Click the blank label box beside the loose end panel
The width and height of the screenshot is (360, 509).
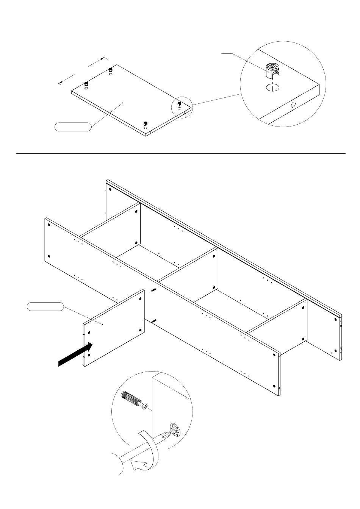coord(45,306)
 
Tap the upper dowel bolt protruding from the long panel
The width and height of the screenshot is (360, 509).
coord(154,290)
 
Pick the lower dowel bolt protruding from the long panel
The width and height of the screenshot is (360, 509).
coord(154,322)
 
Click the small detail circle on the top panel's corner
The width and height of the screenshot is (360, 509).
coord(182,108)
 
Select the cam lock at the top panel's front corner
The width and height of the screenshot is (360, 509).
coord(145,124)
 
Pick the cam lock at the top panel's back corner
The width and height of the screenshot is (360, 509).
coord(111,70)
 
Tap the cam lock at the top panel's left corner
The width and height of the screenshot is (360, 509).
coord(86,84)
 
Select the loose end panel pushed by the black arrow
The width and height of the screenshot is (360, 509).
coord(114,328)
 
